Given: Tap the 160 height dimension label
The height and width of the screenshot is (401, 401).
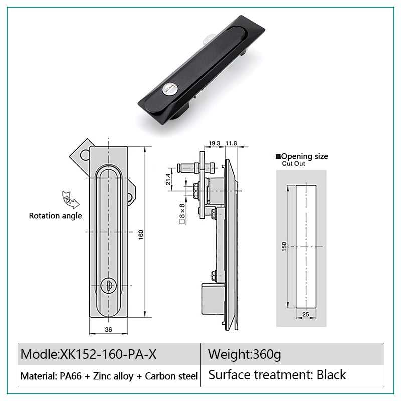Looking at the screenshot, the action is click(141, 235).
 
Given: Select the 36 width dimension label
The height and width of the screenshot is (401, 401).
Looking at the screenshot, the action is click(108, 330).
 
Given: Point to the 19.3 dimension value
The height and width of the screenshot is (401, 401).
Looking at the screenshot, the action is click(215, 143).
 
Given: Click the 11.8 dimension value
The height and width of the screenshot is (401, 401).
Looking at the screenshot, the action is click(231, 143).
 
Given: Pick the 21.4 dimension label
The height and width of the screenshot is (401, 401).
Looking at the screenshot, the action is click(168, 179).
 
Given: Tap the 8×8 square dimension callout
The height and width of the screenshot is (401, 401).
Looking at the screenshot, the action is click(182, 214).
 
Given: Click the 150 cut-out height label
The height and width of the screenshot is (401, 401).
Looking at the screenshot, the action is click(284, 246).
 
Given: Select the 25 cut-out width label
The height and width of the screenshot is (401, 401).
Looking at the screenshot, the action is click(306, 314).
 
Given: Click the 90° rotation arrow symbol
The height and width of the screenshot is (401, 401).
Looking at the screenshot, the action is click(70, 199).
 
